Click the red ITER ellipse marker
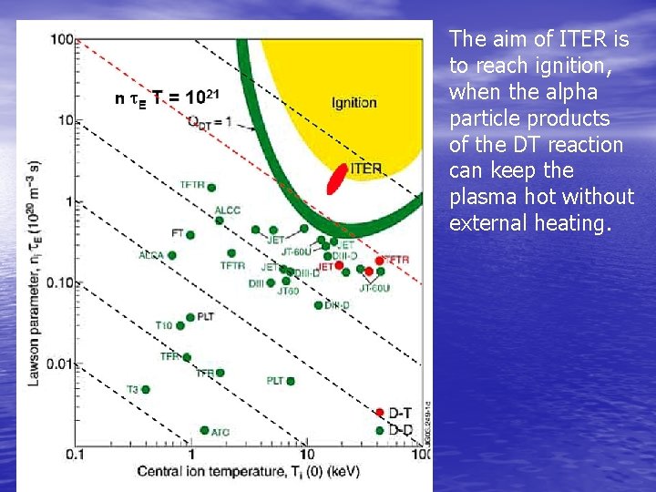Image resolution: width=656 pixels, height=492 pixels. point(338,179)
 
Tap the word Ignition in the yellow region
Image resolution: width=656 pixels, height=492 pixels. point(354,102)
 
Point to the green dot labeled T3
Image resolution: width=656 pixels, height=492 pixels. point(145,390)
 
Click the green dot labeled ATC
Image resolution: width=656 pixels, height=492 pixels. point(204,430)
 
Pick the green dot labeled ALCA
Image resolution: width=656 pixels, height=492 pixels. point(172,255)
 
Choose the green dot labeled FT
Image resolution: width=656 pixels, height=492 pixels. point(190,235)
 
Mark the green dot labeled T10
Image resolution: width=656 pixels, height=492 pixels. point(180,325)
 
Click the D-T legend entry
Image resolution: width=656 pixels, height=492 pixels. point(399,414)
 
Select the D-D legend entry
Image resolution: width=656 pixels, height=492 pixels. point(399,430)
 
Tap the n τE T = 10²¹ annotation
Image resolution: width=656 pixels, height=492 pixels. point(164,97)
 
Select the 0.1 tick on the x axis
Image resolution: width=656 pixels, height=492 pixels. point(76,454)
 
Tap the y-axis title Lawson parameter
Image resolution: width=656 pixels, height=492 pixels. point(34,273)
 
